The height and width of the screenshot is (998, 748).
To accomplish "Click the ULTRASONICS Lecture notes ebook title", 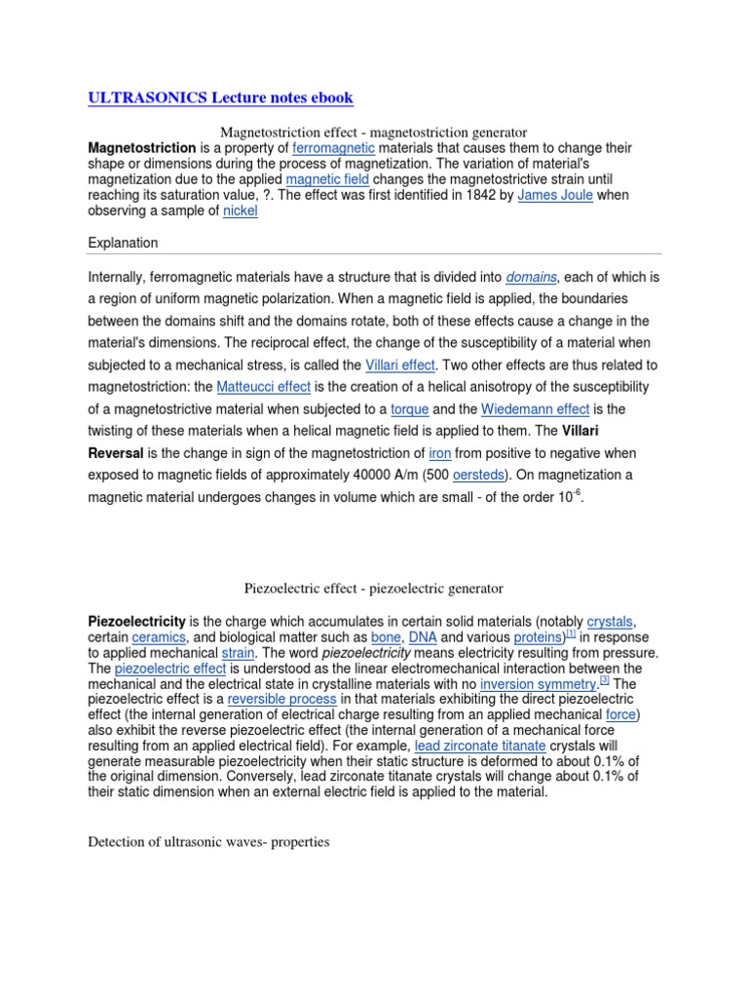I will click(221, 98).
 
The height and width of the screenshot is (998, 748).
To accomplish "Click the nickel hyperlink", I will click(241, 211).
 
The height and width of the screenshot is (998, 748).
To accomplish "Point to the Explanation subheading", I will click(123, 242).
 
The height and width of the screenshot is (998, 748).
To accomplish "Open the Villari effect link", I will click(399, 365).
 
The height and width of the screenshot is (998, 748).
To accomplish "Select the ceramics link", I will click(159, 637).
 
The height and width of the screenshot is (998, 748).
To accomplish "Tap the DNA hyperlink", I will click(423, 637).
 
